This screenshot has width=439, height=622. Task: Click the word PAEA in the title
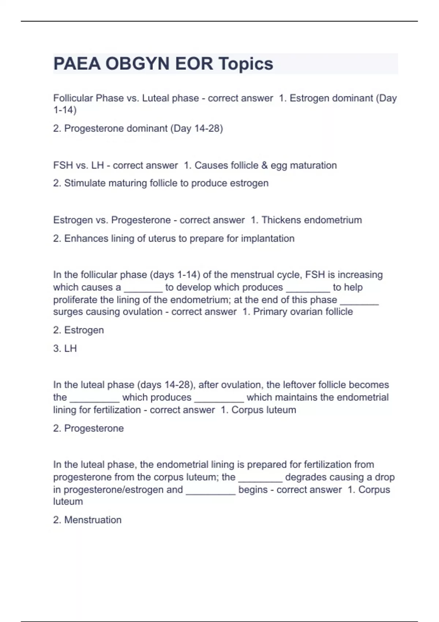[x=77, y=64]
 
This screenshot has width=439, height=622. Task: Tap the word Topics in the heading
[x=246, y=64]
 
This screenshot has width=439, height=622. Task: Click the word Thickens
[x=281, y=220]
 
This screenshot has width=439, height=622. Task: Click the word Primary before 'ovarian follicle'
[x=271, y=312]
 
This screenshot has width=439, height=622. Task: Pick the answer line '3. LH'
[x=65, y=348]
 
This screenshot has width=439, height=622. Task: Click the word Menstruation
[x=93, y=520]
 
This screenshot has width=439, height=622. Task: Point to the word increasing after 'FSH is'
[x=360, y=275]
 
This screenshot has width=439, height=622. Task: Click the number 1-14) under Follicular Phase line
[x=65, y=110]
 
